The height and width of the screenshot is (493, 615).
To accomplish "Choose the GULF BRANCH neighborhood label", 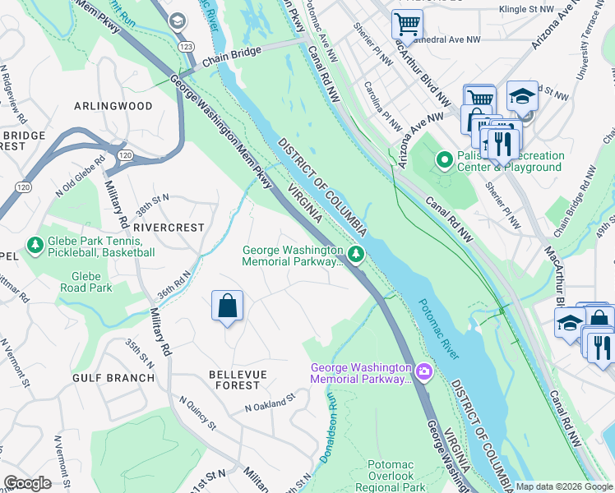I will (x=113, y=378).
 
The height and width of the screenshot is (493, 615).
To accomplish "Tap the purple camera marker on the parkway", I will (x=423, y=372).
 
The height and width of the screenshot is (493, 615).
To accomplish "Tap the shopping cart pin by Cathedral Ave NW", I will (x=406, y=25).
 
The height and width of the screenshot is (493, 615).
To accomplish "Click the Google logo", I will (x=27, y=482).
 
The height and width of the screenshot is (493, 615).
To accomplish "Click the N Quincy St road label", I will (x=197, y=417).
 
